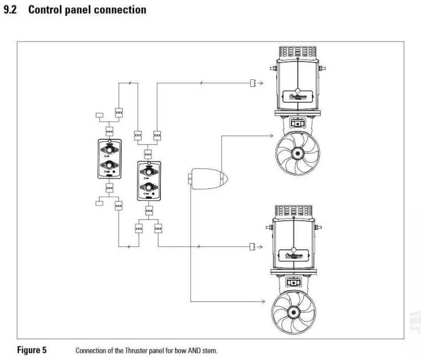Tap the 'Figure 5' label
point(32,350)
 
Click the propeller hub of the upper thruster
point(297,153)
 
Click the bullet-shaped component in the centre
point(208,179)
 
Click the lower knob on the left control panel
point(109,166)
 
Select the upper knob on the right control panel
point(149,171)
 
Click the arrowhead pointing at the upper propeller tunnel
point(272,136)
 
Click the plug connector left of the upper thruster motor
point(253,83)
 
